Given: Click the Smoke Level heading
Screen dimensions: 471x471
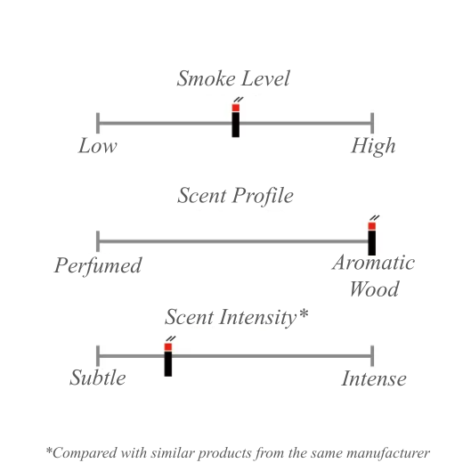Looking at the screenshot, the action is tap(233, 78).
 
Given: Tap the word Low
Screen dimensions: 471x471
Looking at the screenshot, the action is tap(98, 146).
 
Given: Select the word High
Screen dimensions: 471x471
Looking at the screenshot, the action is tap(373, 147).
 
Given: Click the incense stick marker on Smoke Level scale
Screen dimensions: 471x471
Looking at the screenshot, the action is tap(236, 118).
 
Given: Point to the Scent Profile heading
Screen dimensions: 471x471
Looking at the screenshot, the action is tap(235, 196).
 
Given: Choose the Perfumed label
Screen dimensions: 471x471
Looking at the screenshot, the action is tap(98, 265).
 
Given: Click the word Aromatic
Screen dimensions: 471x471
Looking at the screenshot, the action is tap(373, 263).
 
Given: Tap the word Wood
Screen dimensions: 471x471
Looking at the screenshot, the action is tap(374, 289).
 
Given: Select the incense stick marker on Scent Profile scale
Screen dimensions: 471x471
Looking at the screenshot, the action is tap(372, 235).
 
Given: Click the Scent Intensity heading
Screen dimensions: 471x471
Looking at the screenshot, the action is tap(237, 317).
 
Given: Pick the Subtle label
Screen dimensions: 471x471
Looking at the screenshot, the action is tap(98, 378).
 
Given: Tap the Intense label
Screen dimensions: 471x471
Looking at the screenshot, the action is tap(374, 378).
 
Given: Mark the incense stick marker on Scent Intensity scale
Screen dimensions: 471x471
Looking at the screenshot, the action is tap(168, 357).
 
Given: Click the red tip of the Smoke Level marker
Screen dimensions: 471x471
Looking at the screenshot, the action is tap(236, 108).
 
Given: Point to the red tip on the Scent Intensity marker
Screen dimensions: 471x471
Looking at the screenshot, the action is tap(168, 347).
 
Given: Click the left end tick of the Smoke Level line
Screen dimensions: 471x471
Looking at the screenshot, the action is tap(98, 123).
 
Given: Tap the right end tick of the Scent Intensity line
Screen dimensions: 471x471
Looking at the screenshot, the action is tap(372, 356).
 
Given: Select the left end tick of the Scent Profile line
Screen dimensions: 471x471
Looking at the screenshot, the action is tap(98, 241).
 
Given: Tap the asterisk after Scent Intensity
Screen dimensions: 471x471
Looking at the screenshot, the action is tap(304, 313).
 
